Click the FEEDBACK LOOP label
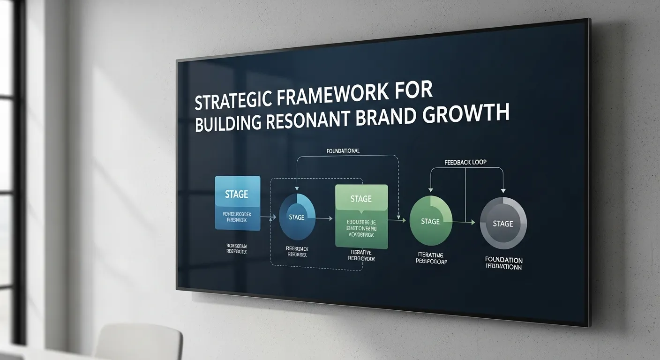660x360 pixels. pyautogui.click(x=465, y=162)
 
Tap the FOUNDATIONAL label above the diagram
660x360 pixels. pyautogui.click(x=343, y=151)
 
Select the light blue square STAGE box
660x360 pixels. pyautogui.click(x=237, y=202)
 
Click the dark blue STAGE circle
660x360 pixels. pyautogui.click(x=297, y=217)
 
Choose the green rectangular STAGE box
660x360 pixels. pyautogui.click(x=361, y=215)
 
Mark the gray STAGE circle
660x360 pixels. pyautogui.click(x=503, y=223)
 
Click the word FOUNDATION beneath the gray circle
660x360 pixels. pyautogui.click(x=504, y=260)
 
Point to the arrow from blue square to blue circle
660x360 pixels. pyautogui.click(x=268, y=217)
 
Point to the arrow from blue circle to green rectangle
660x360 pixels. pyautogui.click(x=324, y=218)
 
